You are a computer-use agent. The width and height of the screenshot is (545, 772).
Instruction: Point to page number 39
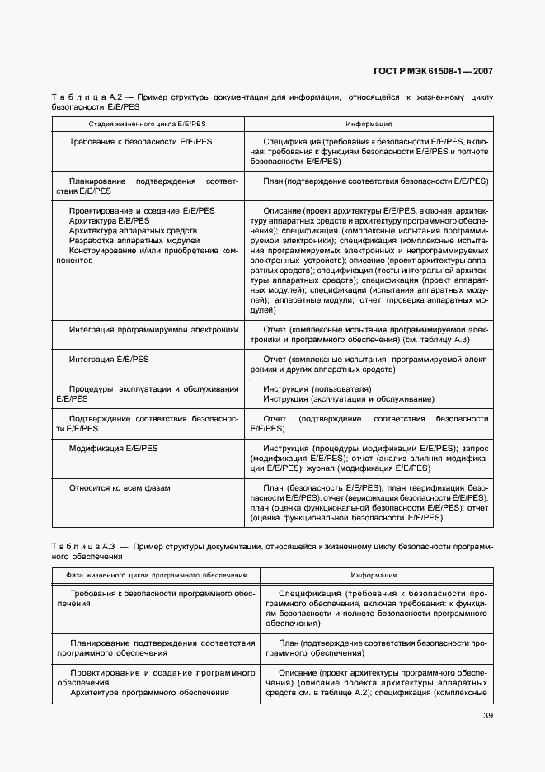(488, 715)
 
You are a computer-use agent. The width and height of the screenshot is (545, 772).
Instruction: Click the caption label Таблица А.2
(78, 97)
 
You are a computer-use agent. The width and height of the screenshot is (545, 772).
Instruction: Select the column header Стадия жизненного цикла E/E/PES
(148, 124)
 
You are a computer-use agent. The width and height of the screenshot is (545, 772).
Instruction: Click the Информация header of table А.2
(369, 124)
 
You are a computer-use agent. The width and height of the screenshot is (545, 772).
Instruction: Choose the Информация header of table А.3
(374, 575)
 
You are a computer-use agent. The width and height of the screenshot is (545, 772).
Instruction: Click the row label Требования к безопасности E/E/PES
(141, 142)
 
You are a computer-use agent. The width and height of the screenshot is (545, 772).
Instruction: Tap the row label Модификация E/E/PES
(114, 448)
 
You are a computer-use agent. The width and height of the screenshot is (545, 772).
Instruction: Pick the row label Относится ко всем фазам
(120, 488)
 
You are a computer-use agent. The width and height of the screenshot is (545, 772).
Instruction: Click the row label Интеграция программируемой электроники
(154, 330)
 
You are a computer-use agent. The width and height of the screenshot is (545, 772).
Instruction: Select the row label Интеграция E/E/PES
(110, 360)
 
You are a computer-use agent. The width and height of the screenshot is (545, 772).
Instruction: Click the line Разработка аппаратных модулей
(135, 241)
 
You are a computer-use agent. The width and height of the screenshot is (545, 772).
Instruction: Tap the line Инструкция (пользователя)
(317, 389)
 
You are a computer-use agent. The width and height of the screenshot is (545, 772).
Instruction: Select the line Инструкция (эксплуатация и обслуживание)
(349, 399)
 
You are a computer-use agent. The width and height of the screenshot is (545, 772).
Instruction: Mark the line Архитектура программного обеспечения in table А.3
(149, 693)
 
